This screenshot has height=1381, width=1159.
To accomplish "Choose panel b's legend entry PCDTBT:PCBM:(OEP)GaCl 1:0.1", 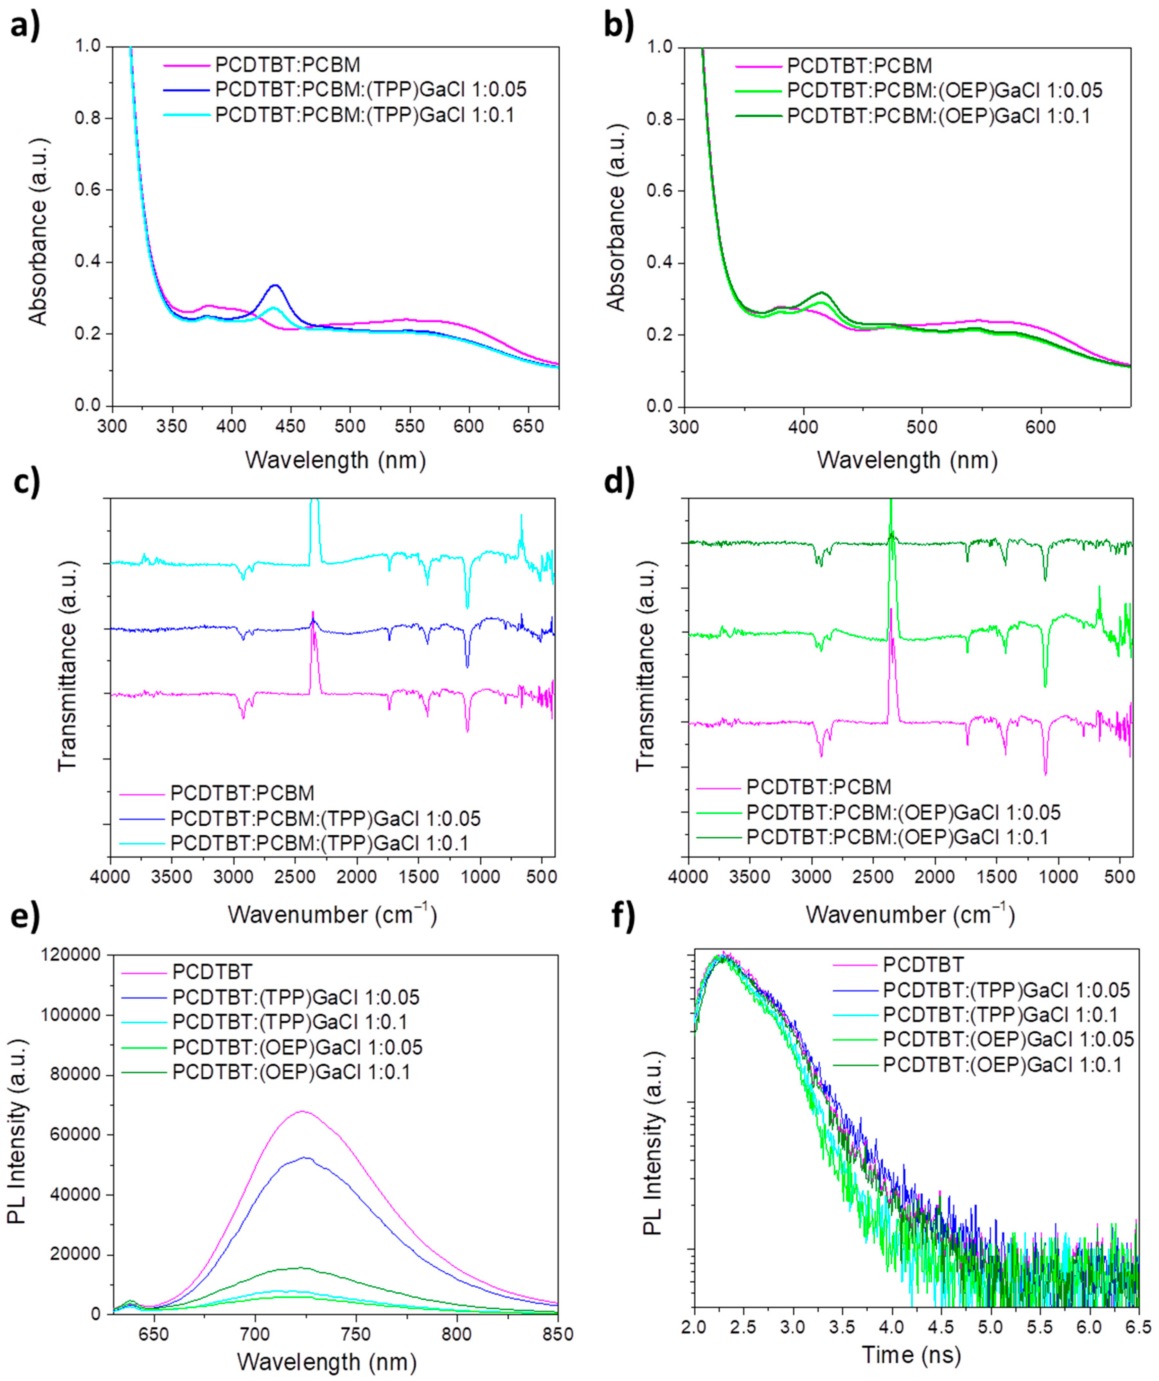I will coord(938,116).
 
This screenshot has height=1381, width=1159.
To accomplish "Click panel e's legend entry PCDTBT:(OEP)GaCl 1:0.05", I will coord(297,1046).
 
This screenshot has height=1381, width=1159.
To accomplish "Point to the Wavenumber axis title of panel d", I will coord(910,914).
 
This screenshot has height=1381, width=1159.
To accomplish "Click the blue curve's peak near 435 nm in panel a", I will coord(275,285).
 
